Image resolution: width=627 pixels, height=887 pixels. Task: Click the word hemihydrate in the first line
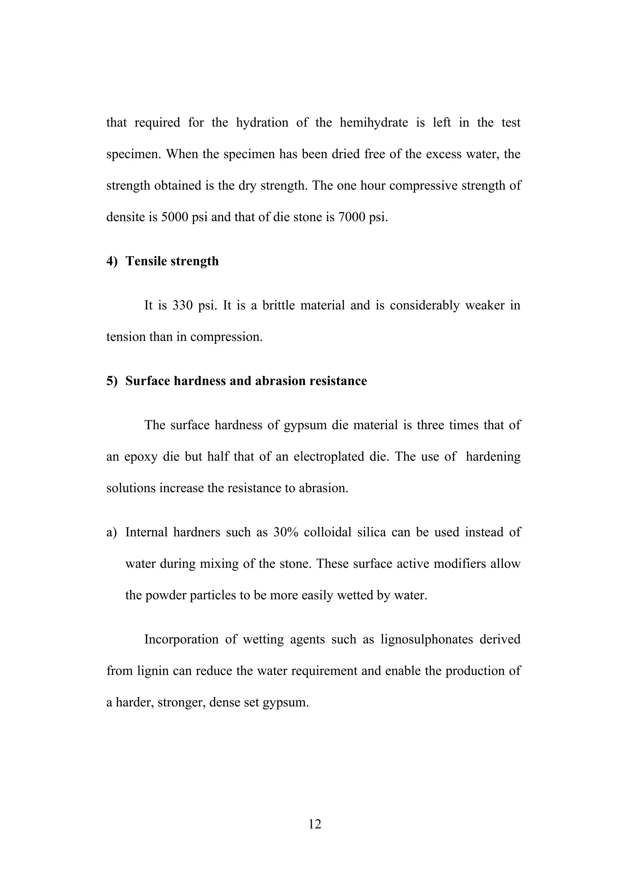point(374,122)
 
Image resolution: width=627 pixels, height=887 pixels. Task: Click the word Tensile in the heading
point(146,261)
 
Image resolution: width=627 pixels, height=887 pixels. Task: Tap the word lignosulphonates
point(426,639)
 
